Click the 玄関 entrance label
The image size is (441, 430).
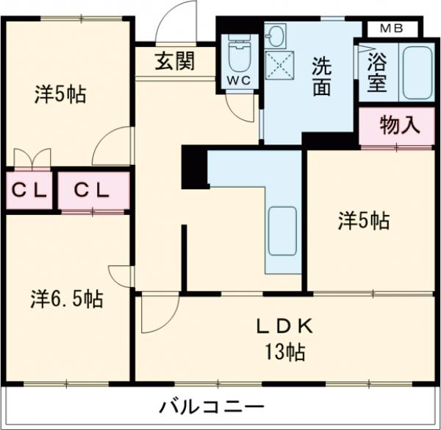coord(174,62)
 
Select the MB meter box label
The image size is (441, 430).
coord(390,29)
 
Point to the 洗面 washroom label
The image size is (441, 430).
coord(320,76)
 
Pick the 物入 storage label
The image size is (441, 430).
coord(400,125)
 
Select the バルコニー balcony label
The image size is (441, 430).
coord(211,406)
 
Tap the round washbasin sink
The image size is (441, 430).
coord(276,35)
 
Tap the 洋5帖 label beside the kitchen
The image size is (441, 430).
coord(363,220)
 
